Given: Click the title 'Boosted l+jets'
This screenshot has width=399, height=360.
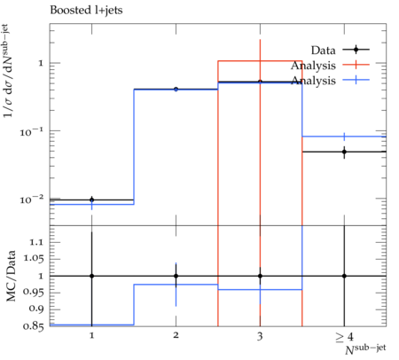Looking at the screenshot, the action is (86, 11).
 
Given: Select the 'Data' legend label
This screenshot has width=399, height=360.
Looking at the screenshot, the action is (323, 51).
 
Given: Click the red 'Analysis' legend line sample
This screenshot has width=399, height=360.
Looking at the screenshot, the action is (356, 65).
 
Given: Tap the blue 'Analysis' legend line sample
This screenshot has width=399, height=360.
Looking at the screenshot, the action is (356, 80).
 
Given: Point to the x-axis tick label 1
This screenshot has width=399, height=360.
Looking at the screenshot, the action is (92, 335).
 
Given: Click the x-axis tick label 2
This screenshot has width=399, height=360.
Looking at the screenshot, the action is (176, 335).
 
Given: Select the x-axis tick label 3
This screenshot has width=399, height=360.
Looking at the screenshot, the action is (260, 336).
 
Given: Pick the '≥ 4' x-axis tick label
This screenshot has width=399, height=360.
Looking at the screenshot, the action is (344, 337).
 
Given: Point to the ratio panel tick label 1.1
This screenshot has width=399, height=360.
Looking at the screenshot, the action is (36, 242).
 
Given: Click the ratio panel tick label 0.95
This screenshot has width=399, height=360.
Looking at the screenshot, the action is (33, 292).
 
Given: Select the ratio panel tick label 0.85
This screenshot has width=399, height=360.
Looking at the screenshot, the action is (33, 326).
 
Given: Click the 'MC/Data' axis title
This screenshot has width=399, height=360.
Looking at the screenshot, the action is (11, 276).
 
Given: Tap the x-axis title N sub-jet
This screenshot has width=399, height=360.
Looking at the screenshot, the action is (365, 348).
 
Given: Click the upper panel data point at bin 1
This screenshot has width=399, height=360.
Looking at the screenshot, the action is (92, 200).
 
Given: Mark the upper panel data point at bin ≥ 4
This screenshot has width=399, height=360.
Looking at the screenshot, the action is (344, 152).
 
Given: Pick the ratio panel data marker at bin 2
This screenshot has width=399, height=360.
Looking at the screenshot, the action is (176, 276).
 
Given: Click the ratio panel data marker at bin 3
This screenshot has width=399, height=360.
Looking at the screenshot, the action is (260, 276).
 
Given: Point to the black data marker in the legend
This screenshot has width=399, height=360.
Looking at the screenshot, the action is (356, 50).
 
